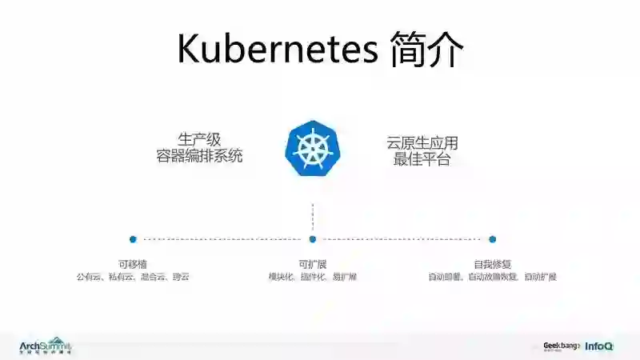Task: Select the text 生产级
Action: [198, 137]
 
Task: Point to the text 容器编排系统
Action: [198, 155]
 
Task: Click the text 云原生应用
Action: [422, 143]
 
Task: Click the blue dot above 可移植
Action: [133, 238]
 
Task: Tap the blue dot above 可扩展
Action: [313, 238]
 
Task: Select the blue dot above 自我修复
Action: [492, 238]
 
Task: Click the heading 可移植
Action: [132, 264]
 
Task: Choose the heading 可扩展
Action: [313, 264]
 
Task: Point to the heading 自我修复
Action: [492, 264]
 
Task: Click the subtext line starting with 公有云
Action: [132, 277]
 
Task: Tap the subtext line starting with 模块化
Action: [313, 277]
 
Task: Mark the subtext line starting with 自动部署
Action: [492, 277]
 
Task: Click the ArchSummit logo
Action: [46, 345]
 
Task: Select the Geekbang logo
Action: [561, 346]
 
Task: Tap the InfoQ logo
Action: [599, 346]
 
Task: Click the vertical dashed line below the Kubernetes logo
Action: [313, 215]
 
